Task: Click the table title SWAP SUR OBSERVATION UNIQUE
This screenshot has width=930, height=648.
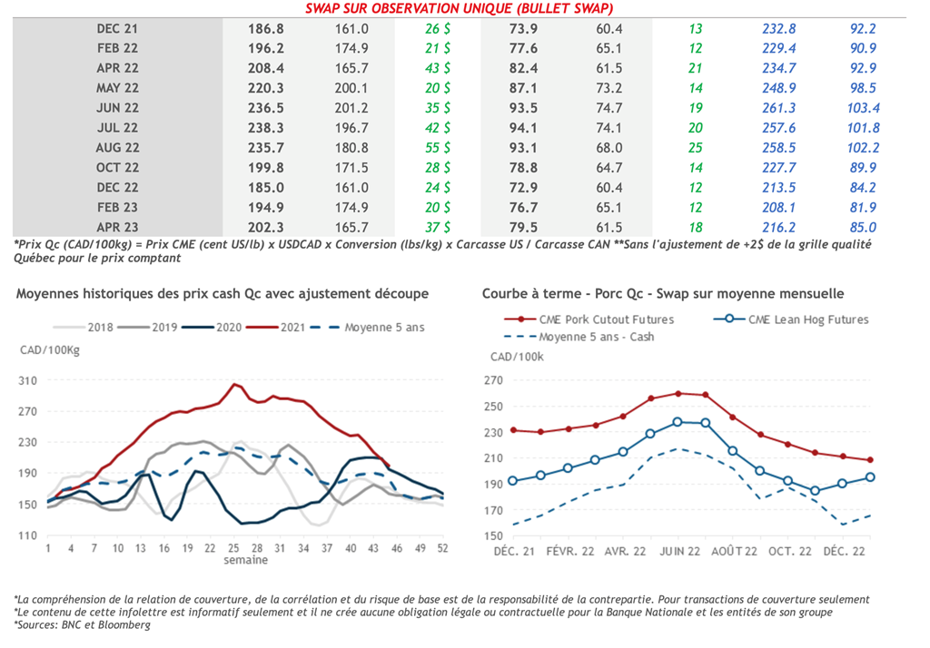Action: point(465,9)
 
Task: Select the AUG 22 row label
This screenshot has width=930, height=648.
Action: point(117,148)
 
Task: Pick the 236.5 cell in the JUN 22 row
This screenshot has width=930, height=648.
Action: point(266,108)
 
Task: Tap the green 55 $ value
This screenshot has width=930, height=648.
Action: point(438,148)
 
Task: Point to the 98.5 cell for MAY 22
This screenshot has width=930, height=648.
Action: point(859,88)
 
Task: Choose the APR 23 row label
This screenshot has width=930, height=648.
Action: point(117,228)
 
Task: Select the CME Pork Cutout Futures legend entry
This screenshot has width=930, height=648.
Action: point(611,319)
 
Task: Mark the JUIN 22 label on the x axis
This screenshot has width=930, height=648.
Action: point(678,551)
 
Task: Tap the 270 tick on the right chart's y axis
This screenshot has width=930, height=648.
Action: point(493,380)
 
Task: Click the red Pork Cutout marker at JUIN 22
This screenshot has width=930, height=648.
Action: point(678,394)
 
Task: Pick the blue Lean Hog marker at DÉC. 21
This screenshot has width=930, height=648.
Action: point(513,481)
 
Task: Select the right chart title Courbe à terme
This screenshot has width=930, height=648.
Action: point(663,294)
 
